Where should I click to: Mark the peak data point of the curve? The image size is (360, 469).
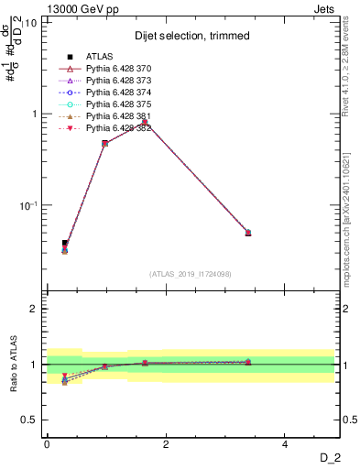click(x=146, y=121)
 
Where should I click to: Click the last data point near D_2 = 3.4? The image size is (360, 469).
click(x=248, y=233)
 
